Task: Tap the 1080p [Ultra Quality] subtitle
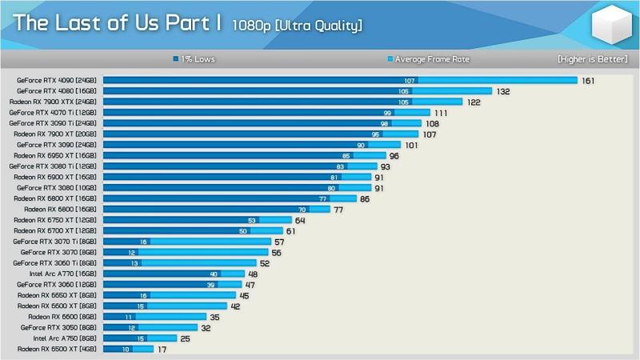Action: (297, 26)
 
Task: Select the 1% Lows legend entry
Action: (194, 59)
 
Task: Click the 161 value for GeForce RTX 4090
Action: (588, 81)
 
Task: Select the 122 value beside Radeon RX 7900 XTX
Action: (474, 102)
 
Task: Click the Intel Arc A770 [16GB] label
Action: (63, 274)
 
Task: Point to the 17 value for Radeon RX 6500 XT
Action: (162, 350)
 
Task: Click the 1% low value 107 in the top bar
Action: (410, 81)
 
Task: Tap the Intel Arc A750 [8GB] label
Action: (65, 338)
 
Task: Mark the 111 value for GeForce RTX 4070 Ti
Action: (441, 113)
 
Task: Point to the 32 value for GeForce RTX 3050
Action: (206, 328)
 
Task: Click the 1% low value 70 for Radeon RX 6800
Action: (302, 210)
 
